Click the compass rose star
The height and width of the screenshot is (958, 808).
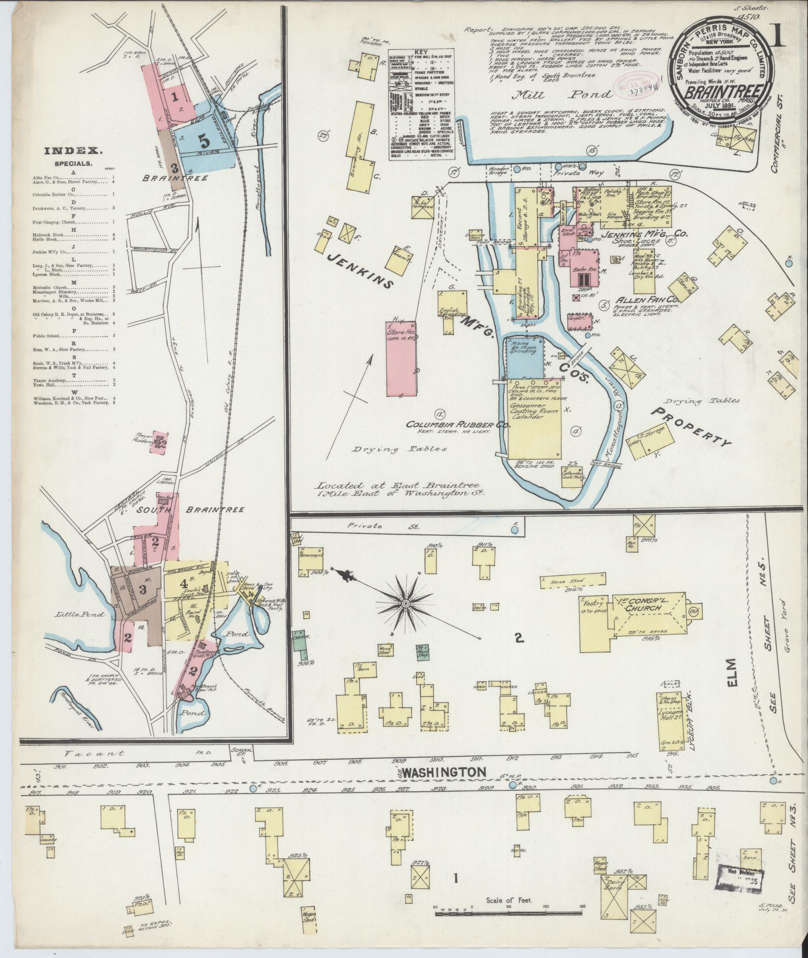pyautogui.click(x=405, y=604)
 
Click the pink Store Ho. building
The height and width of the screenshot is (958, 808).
pyautogui.click(x=401, y=358)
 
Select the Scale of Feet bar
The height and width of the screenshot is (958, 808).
pyautogui.click(x=508, y=913)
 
